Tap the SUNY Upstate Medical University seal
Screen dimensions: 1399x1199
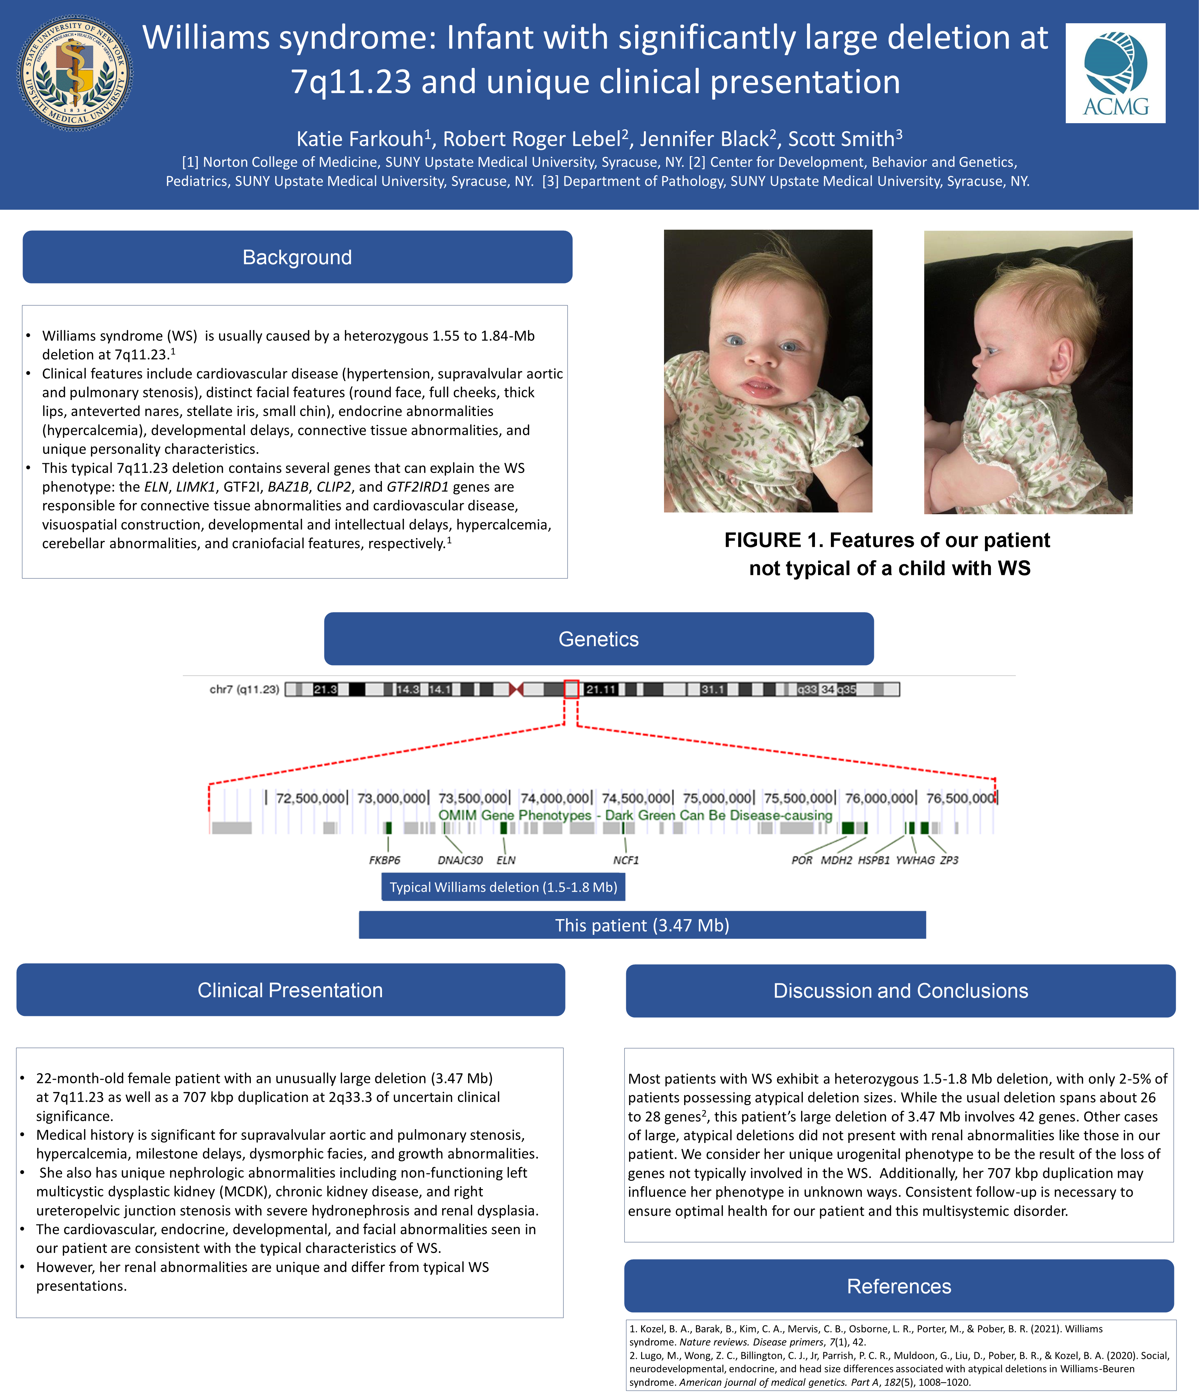pyautogui.click(x=75, y=73)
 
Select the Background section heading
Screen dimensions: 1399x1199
pyautogui.click(x=297, y=257)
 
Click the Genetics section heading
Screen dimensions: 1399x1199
pyautogui.click(x=598, y=639)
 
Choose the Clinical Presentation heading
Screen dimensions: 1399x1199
pyautogui.click(x=290, y=990)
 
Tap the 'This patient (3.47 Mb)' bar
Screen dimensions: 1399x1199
pyautogui.click(x=642, y=925)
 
